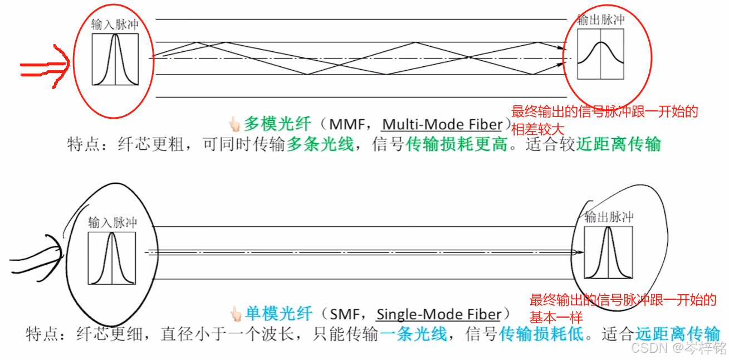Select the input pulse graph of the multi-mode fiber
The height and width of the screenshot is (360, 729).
pyautogui.click(x=115, y=60)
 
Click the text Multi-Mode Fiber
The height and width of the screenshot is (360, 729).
pyautogui.click(x=442, y=123)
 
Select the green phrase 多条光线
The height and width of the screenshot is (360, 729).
pyautogui.click(x=320, y=145)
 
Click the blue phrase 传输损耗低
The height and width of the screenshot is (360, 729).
pyautogui.click(x=541, y=334)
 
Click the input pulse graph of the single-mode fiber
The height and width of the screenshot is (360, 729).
pyautogui.click(x=111, y=258)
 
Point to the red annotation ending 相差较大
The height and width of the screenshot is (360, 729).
pyautogui.click(x=604, y=120)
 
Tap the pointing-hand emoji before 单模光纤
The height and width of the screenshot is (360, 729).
pyautogui.click(x=236, y=314)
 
